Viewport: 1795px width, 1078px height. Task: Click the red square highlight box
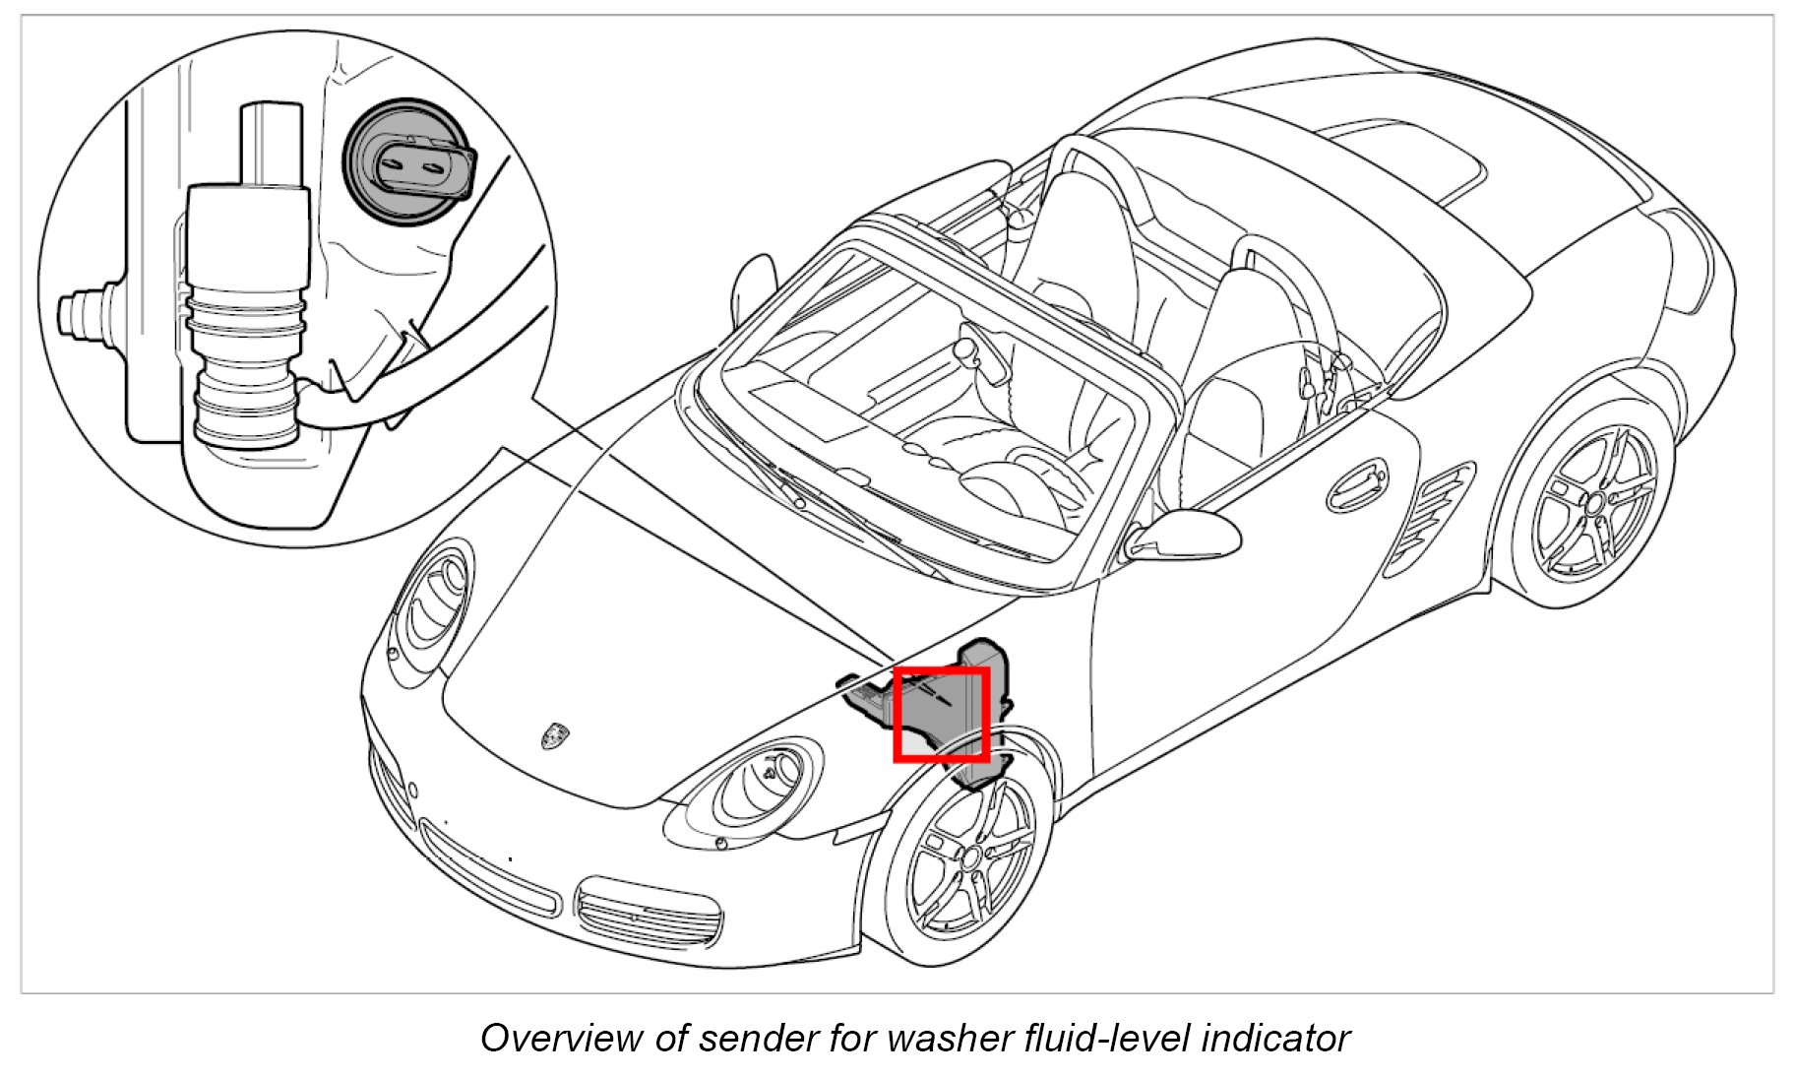pyautogui.click(x=941, y=714)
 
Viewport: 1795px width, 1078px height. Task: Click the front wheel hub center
pyautogui.click(x=969, y=856)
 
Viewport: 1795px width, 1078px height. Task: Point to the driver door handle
pyautogui.click(x=1358, y=482)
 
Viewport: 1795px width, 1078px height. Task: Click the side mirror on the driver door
pyautogui.click(x=1186, y=535)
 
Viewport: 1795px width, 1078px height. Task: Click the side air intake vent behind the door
pyautogui.click(x=1432, y=517)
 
